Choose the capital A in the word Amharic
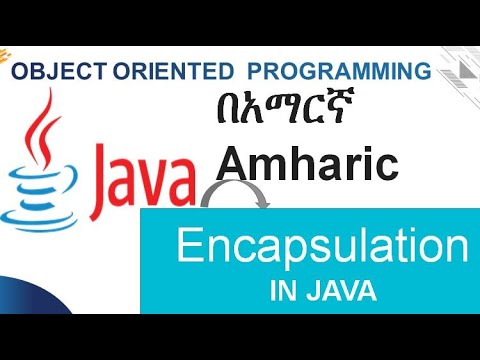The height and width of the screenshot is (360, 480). pyautogui.click(x=232, y=163)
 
